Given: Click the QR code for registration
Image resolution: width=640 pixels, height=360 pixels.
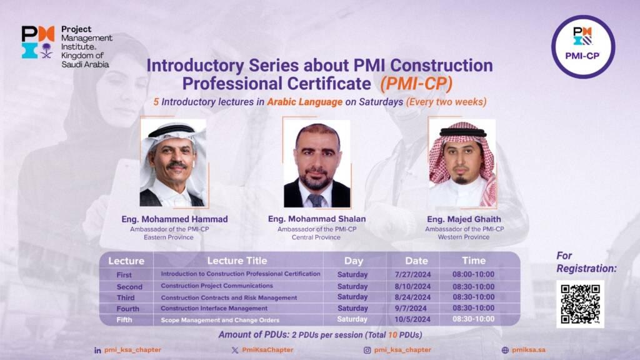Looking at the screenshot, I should coord(580,304).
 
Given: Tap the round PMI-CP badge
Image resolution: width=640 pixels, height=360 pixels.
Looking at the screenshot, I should coord(582,47).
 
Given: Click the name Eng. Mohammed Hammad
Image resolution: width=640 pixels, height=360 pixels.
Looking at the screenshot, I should coord(174,219).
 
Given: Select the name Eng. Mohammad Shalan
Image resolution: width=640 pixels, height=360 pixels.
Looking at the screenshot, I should coord(317,219).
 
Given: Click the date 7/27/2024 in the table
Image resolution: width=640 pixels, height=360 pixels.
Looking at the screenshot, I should coord(413,274).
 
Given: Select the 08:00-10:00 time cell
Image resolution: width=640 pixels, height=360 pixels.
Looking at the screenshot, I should coord(473,274).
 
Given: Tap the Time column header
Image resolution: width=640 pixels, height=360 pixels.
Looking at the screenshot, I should coord(473,261).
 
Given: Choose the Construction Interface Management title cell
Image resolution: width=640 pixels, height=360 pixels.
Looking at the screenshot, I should coord(214,308).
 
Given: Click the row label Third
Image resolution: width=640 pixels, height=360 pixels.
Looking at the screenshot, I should coord(126,297).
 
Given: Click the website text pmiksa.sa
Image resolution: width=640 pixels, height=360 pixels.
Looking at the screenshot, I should coord(527,350).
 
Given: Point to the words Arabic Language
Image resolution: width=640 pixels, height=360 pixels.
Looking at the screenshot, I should coord(305,101).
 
